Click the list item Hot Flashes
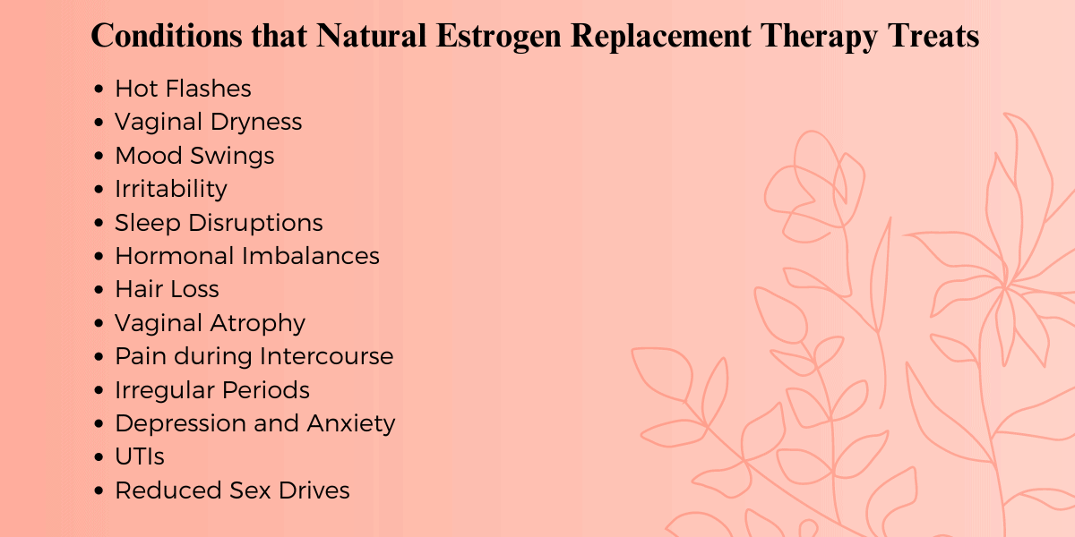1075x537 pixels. (x=183, y=89)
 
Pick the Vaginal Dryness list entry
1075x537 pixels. (x=208, y=122)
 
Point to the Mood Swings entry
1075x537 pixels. (x=194, y=156)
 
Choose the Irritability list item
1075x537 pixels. (x=170, y=189)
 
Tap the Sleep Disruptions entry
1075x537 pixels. (x=219, y=223)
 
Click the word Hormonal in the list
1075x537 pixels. (x=176, y=256)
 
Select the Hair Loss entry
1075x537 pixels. (x=167, y=289)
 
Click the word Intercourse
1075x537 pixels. (x=326, y=356)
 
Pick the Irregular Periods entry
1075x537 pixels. (x=212, y=390)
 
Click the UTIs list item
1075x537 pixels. (x=140, y=456)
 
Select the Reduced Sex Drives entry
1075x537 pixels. (x=232, y=490)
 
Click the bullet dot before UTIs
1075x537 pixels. (x=99, y=457)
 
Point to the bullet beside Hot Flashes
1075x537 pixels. (x=99, y=89)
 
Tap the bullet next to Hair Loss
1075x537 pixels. (x=99, y=290)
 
